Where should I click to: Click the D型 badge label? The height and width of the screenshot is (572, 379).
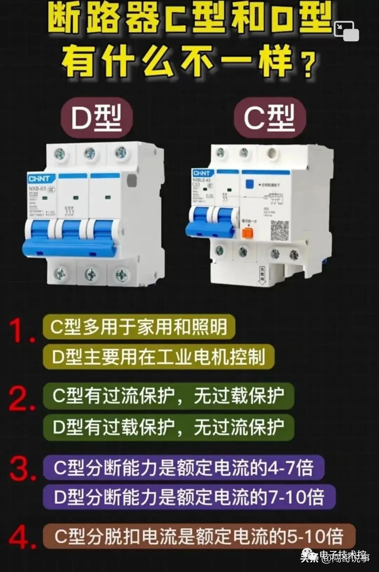click(97, 118)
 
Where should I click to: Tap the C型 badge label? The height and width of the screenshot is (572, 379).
click(270, 118)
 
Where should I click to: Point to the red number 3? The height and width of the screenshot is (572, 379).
click(22, 468)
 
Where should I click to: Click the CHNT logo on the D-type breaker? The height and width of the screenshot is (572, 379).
click(39, 179)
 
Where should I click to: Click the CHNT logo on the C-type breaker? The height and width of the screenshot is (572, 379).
click(201, 173)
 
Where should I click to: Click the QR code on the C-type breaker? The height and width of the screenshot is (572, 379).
click(280, 230)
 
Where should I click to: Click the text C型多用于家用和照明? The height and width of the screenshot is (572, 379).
click(139, 327)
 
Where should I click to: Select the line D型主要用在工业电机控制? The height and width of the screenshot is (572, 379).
click(158, 357)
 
